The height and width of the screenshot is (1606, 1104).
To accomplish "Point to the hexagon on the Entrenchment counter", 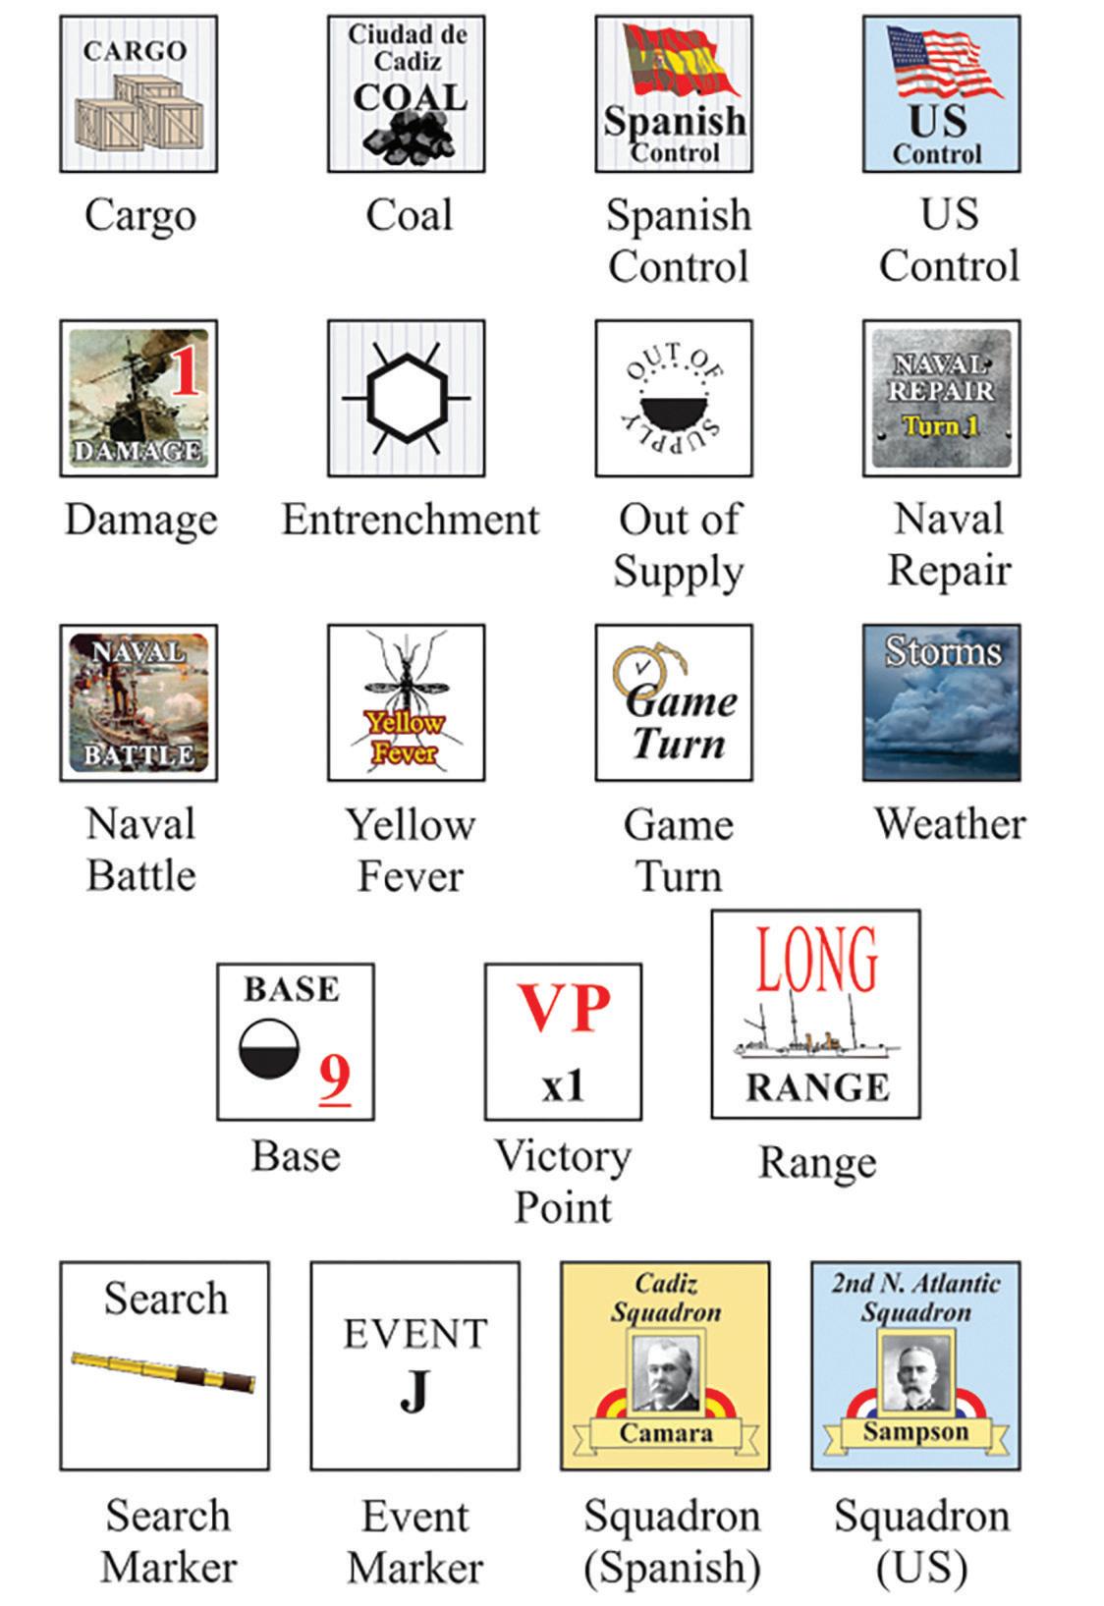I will click(x=406, y=398).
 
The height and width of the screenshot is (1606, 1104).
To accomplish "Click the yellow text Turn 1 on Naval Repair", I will click(x=940, y=426).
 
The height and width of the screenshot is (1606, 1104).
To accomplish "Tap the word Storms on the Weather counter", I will click(x=942, y=650).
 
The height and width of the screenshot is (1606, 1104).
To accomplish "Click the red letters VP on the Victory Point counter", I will click(x=564, y=1007).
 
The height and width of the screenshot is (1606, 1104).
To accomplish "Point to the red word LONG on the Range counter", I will click(x=816, y=960).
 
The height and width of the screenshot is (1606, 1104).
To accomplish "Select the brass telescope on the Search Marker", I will click(x=163, y=1371).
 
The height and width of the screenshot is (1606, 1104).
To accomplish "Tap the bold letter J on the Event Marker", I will click(x=414, y=1390).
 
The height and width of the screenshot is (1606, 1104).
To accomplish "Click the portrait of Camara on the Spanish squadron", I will click(x=664, y=1373).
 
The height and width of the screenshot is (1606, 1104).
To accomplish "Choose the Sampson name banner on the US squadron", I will click(x=915, y=1432).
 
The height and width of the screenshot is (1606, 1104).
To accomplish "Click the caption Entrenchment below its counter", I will click(x=411, y=520).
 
